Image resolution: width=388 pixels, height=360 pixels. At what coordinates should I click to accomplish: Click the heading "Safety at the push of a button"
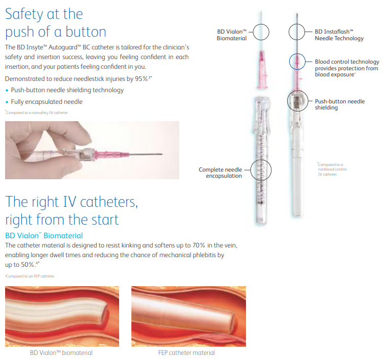point(56,23)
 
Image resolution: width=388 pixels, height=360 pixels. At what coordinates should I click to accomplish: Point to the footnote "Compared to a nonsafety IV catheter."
point(36,112)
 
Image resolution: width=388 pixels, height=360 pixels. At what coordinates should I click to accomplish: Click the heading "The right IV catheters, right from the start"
point(71,210)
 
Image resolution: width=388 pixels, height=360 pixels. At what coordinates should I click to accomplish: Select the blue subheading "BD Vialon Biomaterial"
point(44,236)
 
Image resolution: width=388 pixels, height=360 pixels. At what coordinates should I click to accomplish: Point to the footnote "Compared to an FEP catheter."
point(30,276)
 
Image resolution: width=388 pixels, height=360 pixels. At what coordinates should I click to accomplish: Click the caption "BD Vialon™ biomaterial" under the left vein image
point(62,352)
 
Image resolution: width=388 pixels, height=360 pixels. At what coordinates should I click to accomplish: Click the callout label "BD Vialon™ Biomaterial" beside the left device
point(232,35)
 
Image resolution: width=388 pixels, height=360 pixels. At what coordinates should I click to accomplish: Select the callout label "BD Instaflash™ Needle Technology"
point(339,35)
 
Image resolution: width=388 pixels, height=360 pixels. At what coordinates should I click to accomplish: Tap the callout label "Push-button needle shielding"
point(340,104)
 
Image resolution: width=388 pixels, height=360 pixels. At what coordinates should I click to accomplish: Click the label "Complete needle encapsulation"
point(220,173)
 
